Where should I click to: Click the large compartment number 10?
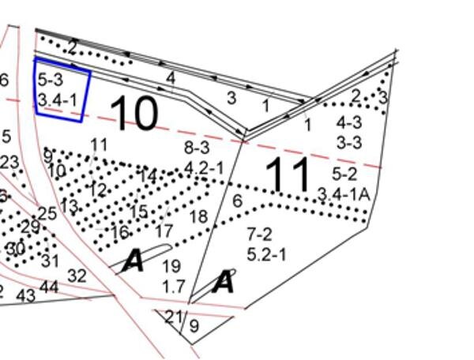point(137,114)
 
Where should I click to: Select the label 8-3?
point(197,148)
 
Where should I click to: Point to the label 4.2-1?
point(205,168)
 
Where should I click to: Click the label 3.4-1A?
point(344,193)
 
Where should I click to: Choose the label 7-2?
point(259,234)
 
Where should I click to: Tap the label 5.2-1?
point(267,254)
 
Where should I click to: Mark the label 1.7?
point(173,287)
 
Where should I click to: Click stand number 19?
point(171,267)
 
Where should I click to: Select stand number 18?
point(198,217)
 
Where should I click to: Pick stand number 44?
point(49,287)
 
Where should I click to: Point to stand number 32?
point(77,276)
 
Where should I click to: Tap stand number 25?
point(47,213)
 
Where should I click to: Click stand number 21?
point(172,317)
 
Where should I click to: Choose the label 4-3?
point(348,122)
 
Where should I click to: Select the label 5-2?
point(344,173)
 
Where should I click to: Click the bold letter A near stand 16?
point(133,262)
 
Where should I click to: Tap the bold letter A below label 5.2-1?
point(224,283)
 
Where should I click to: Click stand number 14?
point(147,178)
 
